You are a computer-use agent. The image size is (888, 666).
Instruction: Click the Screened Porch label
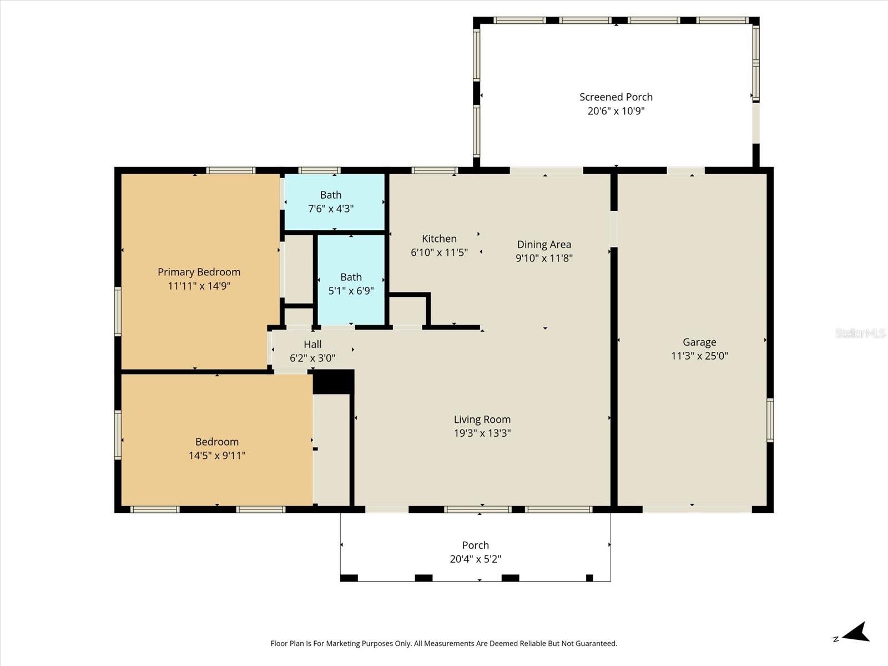(x=616, y=97)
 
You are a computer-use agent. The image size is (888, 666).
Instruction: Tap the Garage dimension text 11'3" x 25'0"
(x=699, y=356)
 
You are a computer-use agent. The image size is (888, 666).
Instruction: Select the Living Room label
(x=482, y=420)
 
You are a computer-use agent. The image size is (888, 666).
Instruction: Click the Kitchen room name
(x=439, y=239)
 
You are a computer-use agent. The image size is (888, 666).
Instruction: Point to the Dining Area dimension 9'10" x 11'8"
(x=544, y=258)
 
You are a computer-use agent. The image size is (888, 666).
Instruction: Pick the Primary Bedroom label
(x=199, y=272)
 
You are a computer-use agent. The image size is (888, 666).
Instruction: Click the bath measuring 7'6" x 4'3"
(x=331, y=201)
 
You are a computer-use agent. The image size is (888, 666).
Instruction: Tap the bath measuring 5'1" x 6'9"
(x=351, y=284)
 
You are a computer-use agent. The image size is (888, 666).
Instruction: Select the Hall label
(x=312, y=344)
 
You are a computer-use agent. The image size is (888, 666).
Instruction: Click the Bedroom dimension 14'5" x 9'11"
(x=217, y=456)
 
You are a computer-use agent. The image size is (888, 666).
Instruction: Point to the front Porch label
(x=476, y=545)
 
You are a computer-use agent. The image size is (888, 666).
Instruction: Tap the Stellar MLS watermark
(x=860, y=333)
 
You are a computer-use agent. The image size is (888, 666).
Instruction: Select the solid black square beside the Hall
(x=334, y=382)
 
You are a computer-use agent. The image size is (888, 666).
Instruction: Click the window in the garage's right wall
(x=770, y=420)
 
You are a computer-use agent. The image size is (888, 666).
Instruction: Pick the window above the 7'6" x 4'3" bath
(x=319, y=170)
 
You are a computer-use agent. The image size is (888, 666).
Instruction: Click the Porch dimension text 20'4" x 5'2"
(x=476, y=559)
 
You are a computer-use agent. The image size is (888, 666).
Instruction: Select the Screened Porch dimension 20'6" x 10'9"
(x=616, y=111)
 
